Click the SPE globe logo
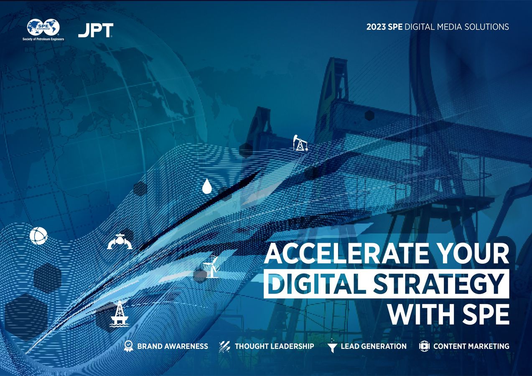pos(43,28)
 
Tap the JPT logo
pos(95,30)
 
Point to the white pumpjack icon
pos(300,143)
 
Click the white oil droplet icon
pos(207,186)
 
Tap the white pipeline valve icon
pos(120,241)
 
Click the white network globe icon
pos(38,236)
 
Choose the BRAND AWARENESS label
pos(172,346)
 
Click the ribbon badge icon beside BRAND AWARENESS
pos(129,346)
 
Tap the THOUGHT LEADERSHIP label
pos(274,346)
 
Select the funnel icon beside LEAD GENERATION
pos(332,346)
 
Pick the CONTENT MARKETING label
pos(471,346)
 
